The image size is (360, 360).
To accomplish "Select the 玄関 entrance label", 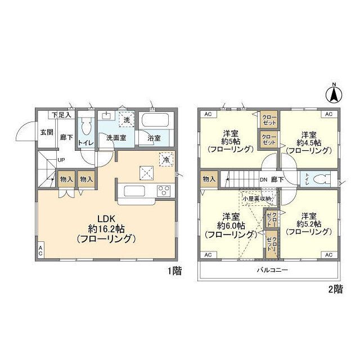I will click(46, 133).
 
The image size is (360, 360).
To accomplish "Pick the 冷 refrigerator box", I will click(166, 159).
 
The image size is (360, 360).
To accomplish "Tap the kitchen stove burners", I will click(164, 189).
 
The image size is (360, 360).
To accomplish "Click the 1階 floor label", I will click(174, 272).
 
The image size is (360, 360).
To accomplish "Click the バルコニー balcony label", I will click(273, 270).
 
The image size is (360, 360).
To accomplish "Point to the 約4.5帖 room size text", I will click(307, 143).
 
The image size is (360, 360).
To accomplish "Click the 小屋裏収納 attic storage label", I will click(257, 199).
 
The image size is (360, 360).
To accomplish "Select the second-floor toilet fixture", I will click(319, 179).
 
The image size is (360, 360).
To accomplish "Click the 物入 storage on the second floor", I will click(209, 179).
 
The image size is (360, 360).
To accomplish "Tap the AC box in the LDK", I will click(40, 250).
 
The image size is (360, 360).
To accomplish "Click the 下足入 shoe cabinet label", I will click(62, 115).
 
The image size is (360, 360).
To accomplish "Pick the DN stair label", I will click(263, 179).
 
